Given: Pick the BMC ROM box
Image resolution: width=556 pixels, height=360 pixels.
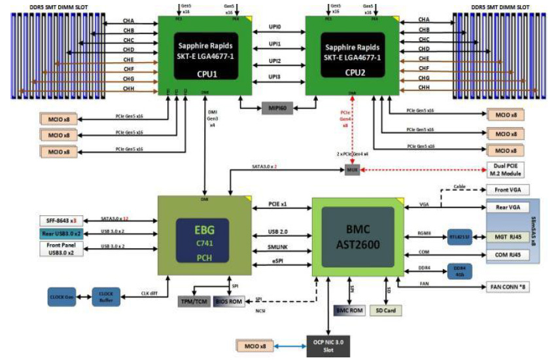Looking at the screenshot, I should coord(349,310).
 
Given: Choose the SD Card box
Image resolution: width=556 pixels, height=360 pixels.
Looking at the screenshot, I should coord(386,310).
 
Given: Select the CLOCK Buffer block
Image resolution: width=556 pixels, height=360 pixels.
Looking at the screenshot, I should coord(106,296).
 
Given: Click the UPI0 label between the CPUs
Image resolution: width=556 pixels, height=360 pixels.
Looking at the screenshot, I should coord(275,27).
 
